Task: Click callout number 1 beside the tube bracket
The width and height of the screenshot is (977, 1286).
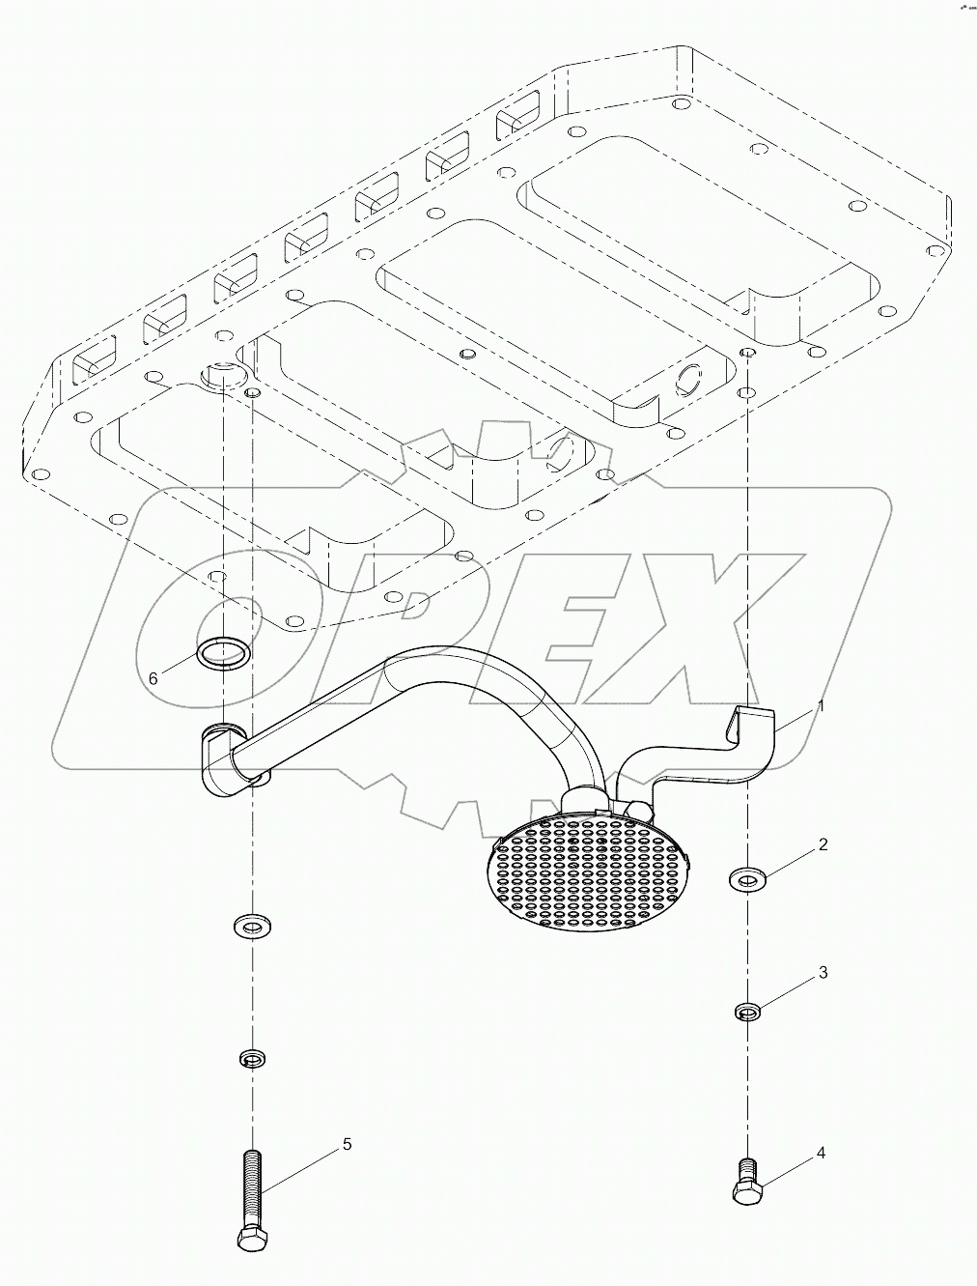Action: [x=820, y=706]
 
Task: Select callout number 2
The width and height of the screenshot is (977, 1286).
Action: [x=823, y=845]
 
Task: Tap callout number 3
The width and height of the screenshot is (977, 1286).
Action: [x=823, y=973]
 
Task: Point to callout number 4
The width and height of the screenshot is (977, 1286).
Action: [x=821, y=1153]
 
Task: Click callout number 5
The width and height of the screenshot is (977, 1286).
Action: [x=347, y=1144]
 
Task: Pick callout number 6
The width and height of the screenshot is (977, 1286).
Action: [x=153, y=678]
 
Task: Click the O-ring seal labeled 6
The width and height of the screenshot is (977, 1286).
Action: [x=222, y=652]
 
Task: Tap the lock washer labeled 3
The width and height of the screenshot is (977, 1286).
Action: [x=746, y=1012]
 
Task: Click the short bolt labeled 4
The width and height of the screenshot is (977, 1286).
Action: [x=745, y=1181]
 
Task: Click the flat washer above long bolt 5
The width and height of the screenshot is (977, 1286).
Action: [x=253, y=928]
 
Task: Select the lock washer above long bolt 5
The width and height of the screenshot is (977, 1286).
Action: [x=252, y=1060]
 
